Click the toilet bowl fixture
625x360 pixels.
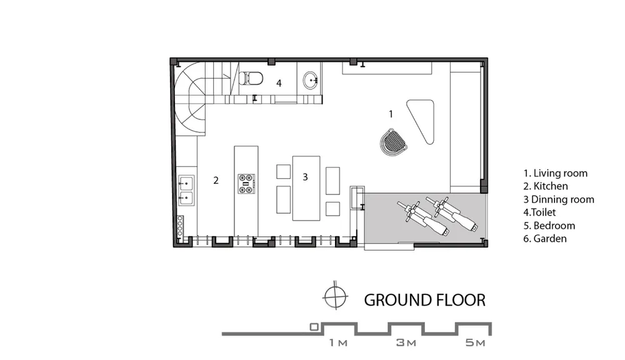coord(251,78)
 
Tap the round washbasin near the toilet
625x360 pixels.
coord(311,81)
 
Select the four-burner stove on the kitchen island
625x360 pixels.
coord(247,184)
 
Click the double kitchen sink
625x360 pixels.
coord(186,190)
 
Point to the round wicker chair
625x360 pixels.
coord(393,141)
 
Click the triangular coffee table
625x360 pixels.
coord(422,119)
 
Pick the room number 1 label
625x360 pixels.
coord(391,114)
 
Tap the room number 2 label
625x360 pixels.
coord(216,181)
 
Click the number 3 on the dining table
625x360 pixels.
coord(305,177)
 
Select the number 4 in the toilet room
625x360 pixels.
coord(279,83)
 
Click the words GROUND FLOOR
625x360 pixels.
coord(425,300)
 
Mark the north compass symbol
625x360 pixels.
coord(336,297)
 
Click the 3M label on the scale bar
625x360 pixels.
coord(406,342)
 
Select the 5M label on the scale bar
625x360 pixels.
coord(476,342)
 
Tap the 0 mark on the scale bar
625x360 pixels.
coord(314,327)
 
